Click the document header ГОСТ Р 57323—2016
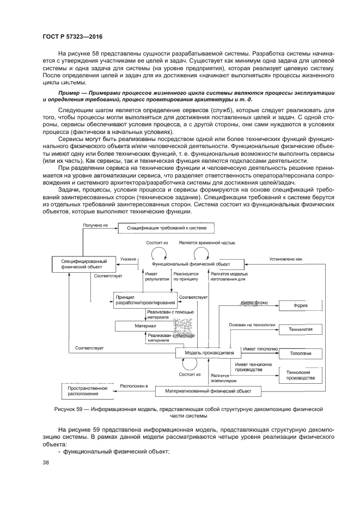(72, 36)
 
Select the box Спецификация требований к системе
(167, 229)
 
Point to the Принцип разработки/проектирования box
(145, 299)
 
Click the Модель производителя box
(202, 353)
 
